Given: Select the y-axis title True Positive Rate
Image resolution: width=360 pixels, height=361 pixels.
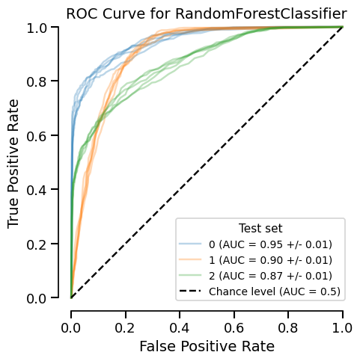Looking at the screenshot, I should point(13,163).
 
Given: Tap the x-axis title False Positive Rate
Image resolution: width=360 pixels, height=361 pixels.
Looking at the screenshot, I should point(207,346).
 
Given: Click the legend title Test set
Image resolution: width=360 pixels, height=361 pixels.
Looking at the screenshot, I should point(260,228).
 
